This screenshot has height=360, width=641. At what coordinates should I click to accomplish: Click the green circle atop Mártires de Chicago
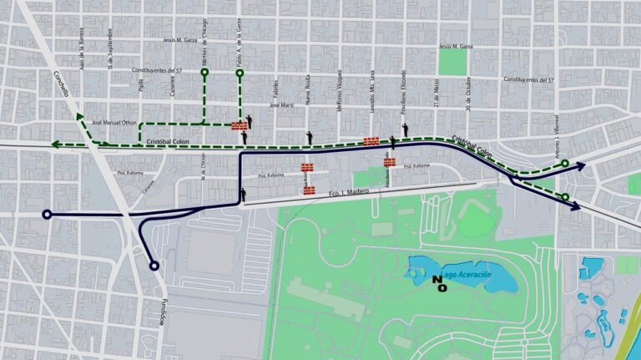point(204,74)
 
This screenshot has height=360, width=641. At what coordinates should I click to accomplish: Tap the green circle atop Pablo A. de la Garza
point(240,74)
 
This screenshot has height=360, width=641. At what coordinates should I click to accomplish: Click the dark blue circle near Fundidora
point(154,266)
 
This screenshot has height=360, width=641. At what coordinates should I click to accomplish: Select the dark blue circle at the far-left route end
point(47,215)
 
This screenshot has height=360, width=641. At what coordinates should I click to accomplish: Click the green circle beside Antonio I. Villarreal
point(565,164)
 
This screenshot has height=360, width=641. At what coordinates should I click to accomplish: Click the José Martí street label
point(283,106)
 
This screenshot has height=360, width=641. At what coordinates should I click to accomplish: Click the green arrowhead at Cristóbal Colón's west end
point(55,145)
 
